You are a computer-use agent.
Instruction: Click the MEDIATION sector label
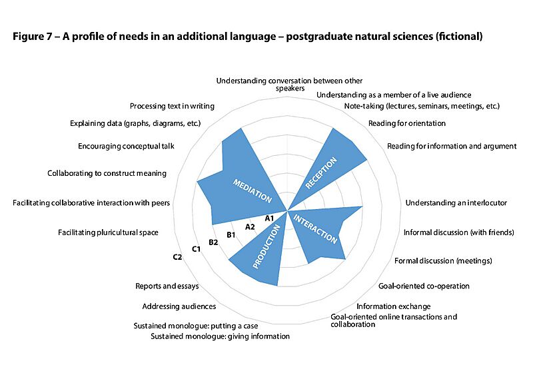[253, 190]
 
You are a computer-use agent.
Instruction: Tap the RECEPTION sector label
[322, 173]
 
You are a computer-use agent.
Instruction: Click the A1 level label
[270, 218]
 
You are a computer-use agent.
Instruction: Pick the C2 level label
[177, 257]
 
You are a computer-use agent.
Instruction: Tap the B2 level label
[214, 242]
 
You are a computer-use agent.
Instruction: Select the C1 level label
[197, 249]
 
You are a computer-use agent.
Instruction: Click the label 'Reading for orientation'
[407, 123]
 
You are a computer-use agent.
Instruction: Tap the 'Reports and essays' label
[167, 286]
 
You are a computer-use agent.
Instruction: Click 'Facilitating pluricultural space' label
[108, 232]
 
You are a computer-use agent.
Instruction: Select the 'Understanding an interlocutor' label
[456, 202]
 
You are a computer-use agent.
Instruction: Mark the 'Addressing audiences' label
[179, 306]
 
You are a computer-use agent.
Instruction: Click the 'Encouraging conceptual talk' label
[126, 146]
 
